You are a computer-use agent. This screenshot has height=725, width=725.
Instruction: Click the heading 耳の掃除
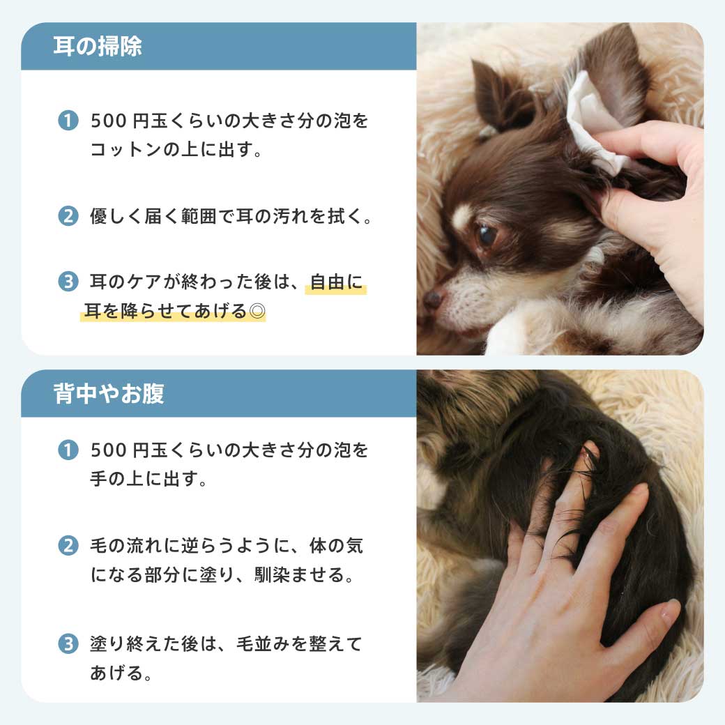coord(98,46)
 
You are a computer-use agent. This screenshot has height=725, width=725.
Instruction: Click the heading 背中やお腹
coord(109,394)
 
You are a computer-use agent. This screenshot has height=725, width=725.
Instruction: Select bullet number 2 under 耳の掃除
coord(68,216)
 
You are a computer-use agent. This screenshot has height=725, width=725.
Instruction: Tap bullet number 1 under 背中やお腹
coord(68,450)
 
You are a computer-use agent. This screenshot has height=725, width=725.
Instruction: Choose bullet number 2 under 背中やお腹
coord(68,546)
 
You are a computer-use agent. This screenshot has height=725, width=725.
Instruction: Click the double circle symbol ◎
coord(257,311)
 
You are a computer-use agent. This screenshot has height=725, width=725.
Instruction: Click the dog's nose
coord(434,298)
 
